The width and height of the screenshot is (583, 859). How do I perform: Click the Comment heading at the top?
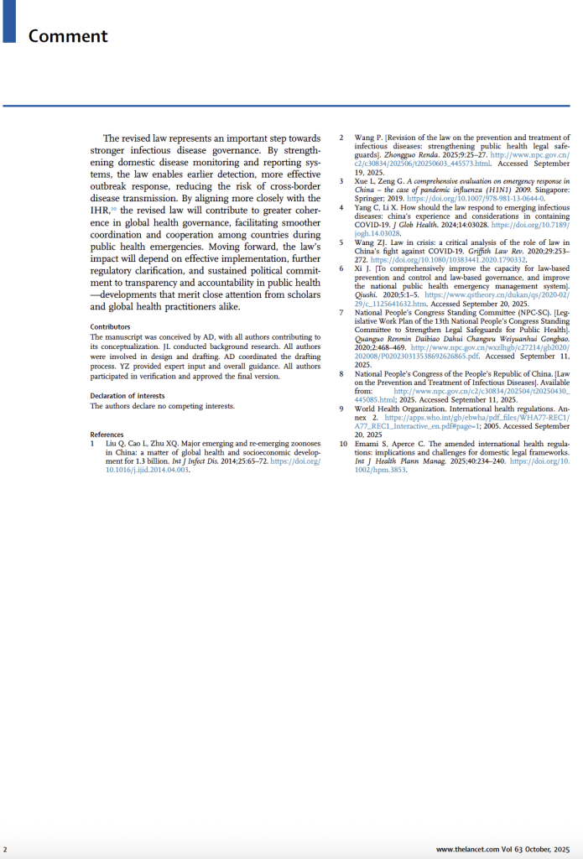[x=68, y=36]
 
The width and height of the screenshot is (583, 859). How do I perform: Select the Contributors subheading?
[x=110, y=326]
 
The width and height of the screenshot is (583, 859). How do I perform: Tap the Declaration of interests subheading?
[x=128, y=395]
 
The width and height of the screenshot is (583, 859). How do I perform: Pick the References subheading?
[x=107, y=434]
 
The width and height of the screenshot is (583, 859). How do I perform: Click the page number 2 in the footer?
[x=5, y=850]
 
